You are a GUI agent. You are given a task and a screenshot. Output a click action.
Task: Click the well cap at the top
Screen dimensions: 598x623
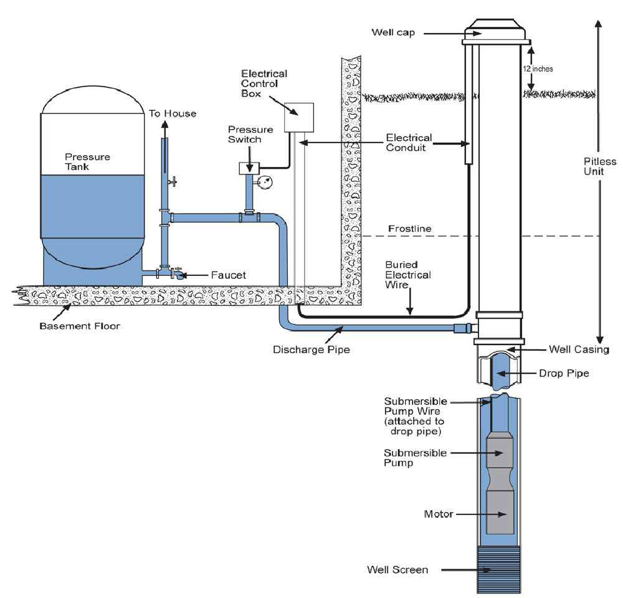coord(497,29)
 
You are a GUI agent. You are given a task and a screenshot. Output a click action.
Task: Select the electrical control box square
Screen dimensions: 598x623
coord(298,117)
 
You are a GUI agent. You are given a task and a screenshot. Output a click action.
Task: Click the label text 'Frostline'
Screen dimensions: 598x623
coord(409,229)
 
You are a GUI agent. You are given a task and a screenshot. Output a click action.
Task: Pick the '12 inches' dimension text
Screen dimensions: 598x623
coord(538,69)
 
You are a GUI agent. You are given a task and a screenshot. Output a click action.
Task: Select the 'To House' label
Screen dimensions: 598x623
coord(173,113)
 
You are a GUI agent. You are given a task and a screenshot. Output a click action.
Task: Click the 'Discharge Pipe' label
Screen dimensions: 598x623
coord(311,349)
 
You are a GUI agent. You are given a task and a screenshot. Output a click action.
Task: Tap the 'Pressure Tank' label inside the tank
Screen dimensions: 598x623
coord(87,162)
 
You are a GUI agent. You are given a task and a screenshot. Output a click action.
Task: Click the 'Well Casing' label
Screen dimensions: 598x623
coord(579,349)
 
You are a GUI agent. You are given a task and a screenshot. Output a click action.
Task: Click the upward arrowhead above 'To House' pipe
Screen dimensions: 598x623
coord(164,123)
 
